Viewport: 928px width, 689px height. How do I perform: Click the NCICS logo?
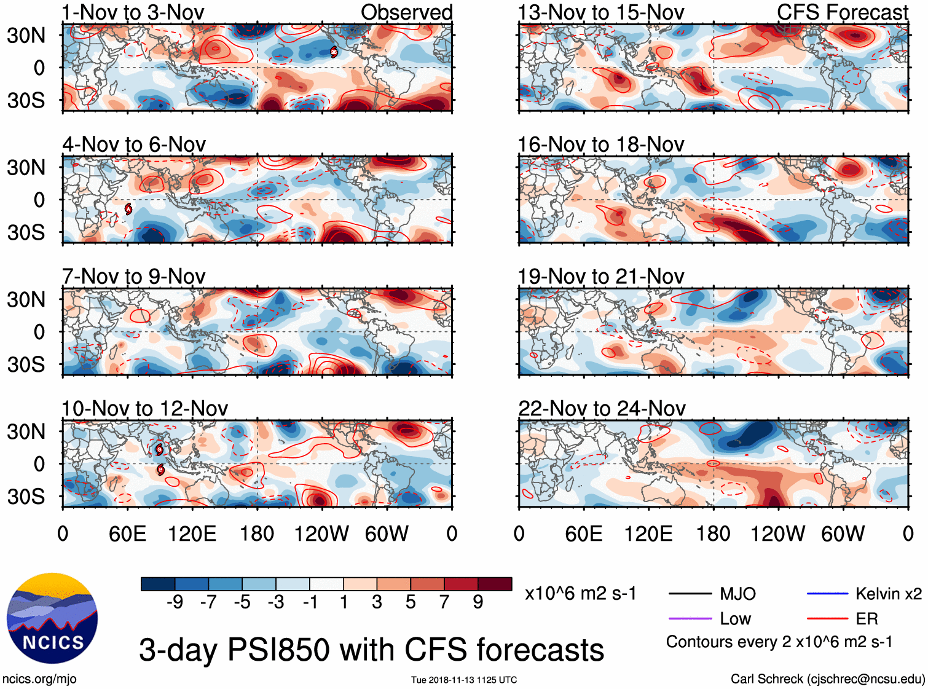(x=52, y=618)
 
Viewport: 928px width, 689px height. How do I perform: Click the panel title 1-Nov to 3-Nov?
(x=133, y=12)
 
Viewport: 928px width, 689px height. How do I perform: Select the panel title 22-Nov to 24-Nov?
(x=602, y=408)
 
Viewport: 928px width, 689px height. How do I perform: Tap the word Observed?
(x=406, y=12)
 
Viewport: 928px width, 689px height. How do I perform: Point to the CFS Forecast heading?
(x=842, y=12)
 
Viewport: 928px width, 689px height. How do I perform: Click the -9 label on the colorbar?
(x=175, y=602)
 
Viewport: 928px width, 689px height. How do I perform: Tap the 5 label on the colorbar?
(x=411, y=602)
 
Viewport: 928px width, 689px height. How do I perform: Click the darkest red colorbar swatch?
(x=495, y=584)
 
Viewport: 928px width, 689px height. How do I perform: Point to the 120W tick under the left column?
(x=321, y=533)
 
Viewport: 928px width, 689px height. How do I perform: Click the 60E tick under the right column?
(x=583, y=533)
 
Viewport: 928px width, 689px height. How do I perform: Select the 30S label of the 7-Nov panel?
(x=26, y=364)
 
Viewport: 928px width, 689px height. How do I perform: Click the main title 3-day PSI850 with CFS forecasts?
(x=371, y=650)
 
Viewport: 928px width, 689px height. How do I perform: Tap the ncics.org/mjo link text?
(x=39, y=679)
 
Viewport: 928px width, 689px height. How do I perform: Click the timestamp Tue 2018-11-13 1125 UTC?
(x=464, y=680)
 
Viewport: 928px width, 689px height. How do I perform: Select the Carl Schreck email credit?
(x=827, y=679)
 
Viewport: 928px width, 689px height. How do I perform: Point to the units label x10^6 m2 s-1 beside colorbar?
(x=580, y=593)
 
